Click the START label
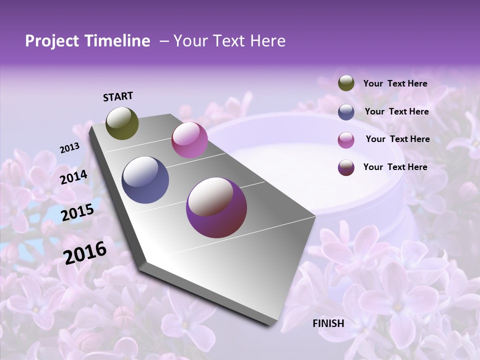(118, 96)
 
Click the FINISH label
(328, 323)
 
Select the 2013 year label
(69, 148)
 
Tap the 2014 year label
(73, 177)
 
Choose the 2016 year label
(85, 252)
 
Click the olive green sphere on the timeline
(122, 123)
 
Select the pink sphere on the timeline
(189, 140)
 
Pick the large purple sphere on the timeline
(216, 207)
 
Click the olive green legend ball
(346, 83)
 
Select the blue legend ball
(346, 112)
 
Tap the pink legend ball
(346, 140)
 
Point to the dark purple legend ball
(346, 167)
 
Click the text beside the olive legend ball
(395, 84)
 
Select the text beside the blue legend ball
(396, 111)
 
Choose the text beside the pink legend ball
(397, 139)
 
